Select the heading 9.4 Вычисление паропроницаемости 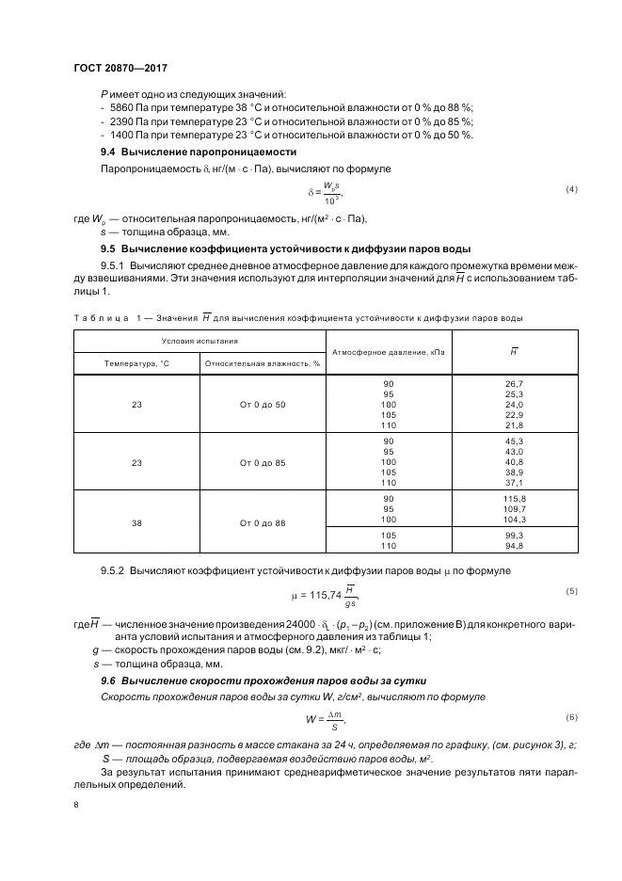point(199,152)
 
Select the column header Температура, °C point(137,361)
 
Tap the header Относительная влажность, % point(262,361)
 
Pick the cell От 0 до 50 point(263,404)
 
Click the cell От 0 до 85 point(263,462)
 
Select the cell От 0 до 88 point(263,521)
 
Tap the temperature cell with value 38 point(137,521)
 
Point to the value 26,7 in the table point(514,384)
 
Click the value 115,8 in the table point(514,498)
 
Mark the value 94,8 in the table point(514,545)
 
